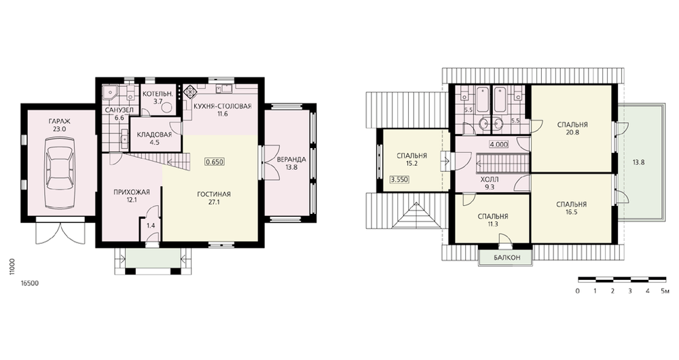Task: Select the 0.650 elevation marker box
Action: pyautogui.click(x=215, y=162)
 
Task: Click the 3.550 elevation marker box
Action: pyautogui.click(x=399, y=179)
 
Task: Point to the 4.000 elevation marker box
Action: pyautogui.click(x=499, y=145)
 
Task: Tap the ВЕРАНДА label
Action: pyautogui.click(x=291, y=160)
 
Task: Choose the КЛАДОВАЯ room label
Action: pyautogui.click(x=154, y=134)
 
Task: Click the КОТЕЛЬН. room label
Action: pyautogui.click(x=158, y=94)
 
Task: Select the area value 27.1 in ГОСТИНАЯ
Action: pyautogui.click(x=214, y=202)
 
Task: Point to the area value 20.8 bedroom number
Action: pyautogui.click(x=572, y=132)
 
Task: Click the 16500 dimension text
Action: pyautogui.click(x=30, y=283)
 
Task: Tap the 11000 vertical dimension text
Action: pyautogui.click(x=12, y=267)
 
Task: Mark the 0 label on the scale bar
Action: pyautogui.click(x=578, y=291)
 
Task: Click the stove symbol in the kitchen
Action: pyautogui.click(x=189, y=92)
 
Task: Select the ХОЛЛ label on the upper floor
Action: pyautogui.click(x=490, y=179)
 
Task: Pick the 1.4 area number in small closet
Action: pyautogui.click(x=151, y=226)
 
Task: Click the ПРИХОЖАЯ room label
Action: pyautogui.click(x=132, y=192)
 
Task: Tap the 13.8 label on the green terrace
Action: pyautogui.click(x=639, y=162)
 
